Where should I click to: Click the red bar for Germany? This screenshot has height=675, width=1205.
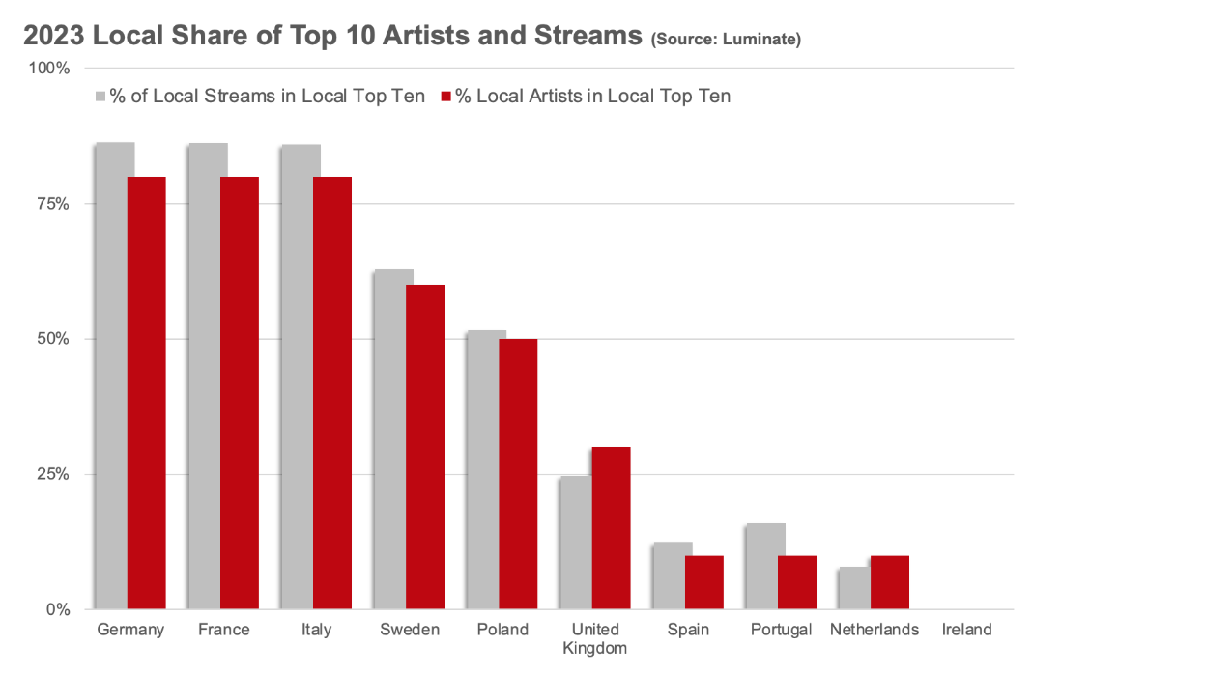(x=147, y=393)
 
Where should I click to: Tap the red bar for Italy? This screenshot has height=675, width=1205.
(x=332, y=393)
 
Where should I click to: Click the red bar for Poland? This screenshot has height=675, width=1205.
(x=518, y=474)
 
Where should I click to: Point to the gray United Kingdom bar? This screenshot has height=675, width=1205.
(x=575, y=543)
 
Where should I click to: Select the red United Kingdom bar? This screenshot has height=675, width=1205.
(x=611, y=528)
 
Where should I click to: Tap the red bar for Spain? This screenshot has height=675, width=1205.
(x=704, y=582)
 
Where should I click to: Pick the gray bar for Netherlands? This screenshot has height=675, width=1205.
(x=854, y=588)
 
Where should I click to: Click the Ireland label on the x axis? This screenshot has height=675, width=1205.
(x=967, y=630)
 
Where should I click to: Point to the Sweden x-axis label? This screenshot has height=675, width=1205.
(x=409, y=630)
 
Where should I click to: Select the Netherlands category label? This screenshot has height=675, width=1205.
(x=875, y=630)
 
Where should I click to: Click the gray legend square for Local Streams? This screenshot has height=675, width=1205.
(x=100, y=97)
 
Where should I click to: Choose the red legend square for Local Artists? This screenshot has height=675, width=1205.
(x=446, y=97)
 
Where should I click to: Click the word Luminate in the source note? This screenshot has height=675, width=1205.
(x=760, y=40)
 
